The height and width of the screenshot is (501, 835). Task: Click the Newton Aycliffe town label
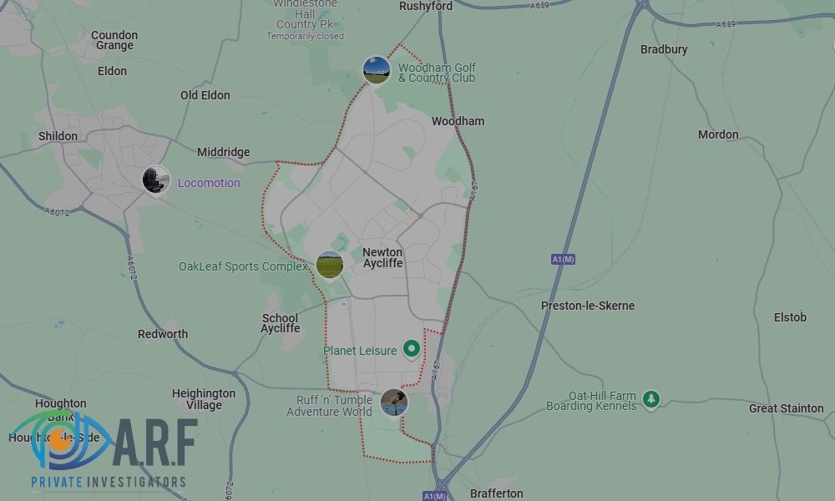[382, 257]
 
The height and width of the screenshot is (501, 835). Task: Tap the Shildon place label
[58, 136]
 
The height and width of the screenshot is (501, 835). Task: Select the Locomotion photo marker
[155, 180]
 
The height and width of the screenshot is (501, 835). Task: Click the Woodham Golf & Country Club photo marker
[376, 69]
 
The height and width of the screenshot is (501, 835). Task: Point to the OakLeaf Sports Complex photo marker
[329, 265]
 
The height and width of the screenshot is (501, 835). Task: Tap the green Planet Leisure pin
[411, 348]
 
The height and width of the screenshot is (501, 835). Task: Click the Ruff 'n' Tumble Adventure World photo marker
[394, 402]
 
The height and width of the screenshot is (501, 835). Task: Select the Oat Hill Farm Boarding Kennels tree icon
[651, 400]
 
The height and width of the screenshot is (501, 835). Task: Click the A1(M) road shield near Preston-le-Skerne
[563, 260]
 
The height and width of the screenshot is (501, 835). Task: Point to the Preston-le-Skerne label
[587, 306]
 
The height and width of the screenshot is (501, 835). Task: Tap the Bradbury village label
[664, 49]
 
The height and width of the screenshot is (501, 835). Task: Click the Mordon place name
[718, 134]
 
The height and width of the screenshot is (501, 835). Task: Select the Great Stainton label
[786, 408]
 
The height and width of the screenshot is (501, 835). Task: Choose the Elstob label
[790, 317]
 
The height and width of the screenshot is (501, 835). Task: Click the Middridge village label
[223, 152]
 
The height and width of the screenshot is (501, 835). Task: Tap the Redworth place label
[163, 334]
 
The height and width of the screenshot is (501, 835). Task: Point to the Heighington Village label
[204, 399]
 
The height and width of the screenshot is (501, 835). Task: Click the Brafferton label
[496, 493]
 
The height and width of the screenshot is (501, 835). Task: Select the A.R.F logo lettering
[154, 443]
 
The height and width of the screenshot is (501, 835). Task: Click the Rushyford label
[426, 6]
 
